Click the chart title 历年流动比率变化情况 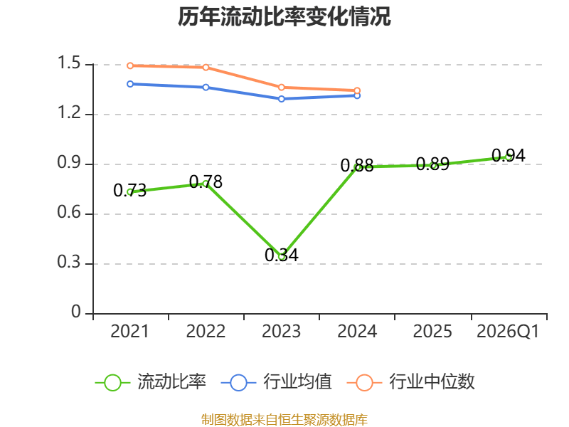click(x=284, y=17)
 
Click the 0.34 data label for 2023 click(x=282, y=255)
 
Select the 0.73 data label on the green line click(x=130, y=190)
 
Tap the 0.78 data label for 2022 click(x=206, y=182)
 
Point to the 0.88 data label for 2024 click(x=357, y=166)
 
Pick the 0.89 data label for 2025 click(x=432, y=164)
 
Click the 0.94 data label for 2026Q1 click(x=509, y=156)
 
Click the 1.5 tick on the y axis click(x=70, y=65)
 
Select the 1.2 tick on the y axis click(x=70, y=115)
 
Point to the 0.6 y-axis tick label click(x=70, y=214)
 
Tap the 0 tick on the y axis click(x=77, y=314)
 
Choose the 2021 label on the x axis click(x=130, y=332)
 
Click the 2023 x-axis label click(x=282, y=332)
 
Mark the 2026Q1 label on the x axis click(x=509, y=332)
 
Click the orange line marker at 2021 click(x=130, y=65)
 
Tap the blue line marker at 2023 click(x=282, y=98)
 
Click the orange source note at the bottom click(x=284, y=419)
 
